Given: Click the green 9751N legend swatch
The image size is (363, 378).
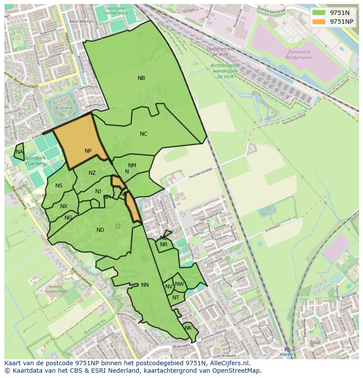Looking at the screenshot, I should pyautogui.click(x=319, y=13).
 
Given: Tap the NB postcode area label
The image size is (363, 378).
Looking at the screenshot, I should pyautogui.click(x=141, y=78).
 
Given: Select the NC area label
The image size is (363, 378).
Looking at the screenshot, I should pyautogui.click(x=143, y=134).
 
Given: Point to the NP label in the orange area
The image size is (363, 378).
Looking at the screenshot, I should pyautogui.click(x=88, y=151).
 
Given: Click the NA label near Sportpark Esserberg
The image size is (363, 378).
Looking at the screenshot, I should pyautogui.click(x=19, y=152).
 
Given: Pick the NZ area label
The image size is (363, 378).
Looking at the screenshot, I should pyautogui.click(x=92, y=173).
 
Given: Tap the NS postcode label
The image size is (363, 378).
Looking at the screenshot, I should pyautogui.click(x=59, y=186).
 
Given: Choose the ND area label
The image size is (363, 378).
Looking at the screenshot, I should pyautogui.click(x=100, y=230).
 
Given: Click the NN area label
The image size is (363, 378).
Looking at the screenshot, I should pyautogui.click(x=145, y=285).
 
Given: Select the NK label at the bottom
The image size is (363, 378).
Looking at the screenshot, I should pyautogui.click(x=188, y=328).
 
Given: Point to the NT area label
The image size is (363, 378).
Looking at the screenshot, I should pyautogui.click(x=176, y=298).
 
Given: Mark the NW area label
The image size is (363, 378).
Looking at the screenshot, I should pyautogui.click(x=179, y=284).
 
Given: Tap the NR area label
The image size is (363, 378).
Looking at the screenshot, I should pyautogui.click(x=164, y=245).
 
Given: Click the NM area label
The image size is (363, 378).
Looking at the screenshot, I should pyautogui.click(x=132, y=166).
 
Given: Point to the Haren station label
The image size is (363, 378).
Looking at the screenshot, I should pyautogui.click(x=286, y=354).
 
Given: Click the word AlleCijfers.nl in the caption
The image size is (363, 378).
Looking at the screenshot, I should pyautogui.click(x=228, y=363).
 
